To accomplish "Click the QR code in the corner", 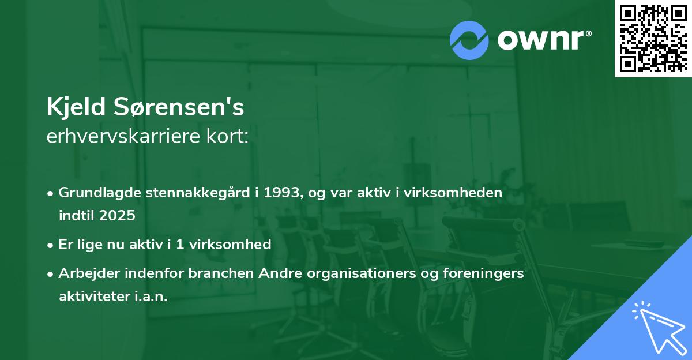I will pyautogui.click(x=653, y=38).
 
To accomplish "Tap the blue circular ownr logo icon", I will pyautogui.click(x=469, y=40).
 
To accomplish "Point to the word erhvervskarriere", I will pyautogui.click(x=125, y=136).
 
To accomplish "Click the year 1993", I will pyautogui.click(x=279, y=193).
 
